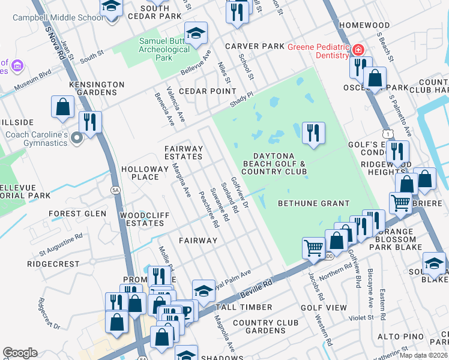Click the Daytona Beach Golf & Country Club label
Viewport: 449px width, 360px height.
pos(274,164)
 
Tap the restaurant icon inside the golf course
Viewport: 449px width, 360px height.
pos(313,133)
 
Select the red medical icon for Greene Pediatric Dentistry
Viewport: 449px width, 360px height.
pos(358,49)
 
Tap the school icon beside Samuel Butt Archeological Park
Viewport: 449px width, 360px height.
pos(196,34)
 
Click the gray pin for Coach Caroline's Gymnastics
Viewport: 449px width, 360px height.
pos(76,139)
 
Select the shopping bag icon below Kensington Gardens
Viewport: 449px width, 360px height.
pos(63,107)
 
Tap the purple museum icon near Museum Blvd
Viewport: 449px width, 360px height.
pos(17,65)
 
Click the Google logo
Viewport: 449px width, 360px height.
pos(20,353)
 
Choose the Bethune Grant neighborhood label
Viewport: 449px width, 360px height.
pos(313,203)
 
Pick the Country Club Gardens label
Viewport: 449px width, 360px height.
pos(265,326)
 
